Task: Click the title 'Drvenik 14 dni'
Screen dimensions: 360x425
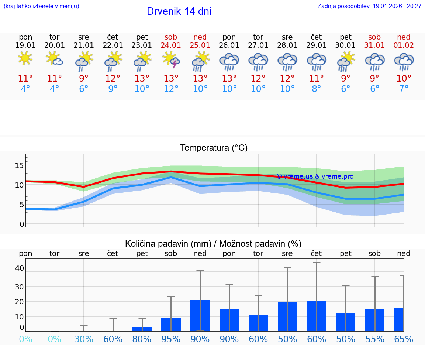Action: (x=179, y=11)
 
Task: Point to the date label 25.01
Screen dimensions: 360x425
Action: (x=200, y=45)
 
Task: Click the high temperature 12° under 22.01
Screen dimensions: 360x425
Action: (x=113, y=79)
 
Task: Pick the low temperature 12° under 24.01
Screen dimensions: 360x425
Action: (x=171, y=89)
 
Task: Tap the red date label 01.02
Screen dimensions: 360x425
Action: (x=404, y=45)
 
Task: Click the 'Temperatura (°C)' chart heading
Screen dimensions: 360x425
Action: (x=214, y=148)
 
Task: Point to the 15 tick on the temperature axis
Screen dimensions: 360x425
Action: (x=19, y=165)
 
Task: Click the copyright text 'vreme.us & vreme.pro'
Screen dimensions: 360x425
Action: (x=315, y=176)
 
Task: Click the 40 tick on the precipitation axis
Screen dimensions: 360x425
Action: (x=19, y=268)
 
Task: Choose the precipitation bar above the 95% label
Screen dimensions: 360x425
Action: (x=171, y=325)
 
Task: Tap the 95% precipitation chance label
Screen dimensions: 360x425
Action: (x=171, y=339)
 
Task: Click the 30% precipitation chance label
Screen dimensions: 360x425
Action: (x=84, y=339)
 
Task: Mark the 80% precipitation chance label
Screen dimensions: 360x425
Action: (x=142, y=339)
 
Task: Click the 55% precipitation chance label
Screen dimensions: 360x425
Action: (x=375, y=339)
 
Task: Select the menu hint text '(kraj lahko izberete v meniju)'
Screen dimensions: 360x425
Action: (x=41, y=6)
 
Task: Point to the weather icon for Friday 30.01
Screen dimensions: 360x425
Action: (x=346, y=61)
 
